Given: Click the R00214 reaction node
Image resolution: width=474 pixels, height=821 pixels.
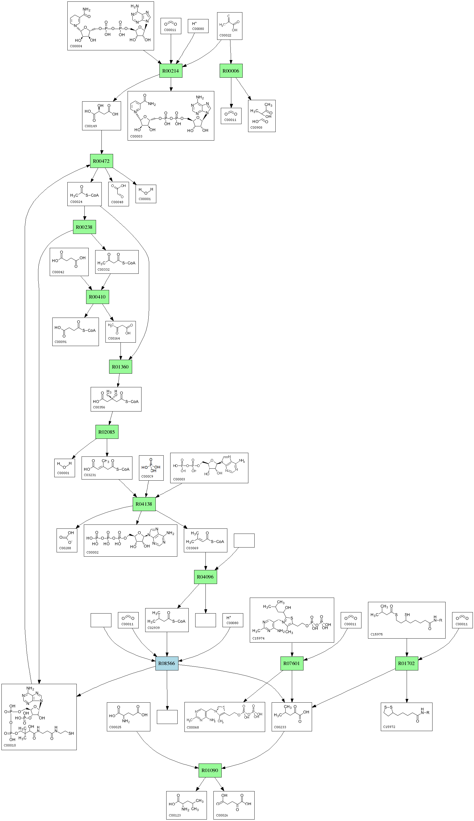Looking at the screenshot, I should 171,71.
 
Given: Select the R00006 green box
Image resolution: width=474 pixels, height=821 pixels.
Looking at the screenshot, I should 231,71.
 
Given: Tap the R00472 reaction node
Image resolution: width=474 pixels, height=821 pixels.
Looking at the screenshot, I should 101,161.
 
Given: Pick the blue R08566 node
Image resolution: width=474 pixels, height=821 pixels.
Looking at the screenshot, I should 167,663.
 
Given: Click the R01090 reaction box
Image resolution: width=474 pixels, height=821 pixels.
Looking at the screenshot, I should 209,770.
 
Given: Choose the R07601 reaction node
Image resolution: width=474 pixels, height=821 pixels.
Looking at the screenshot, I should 292,663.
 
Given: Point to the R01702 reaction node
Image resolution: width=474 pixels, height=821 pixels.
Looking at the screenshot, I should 406,663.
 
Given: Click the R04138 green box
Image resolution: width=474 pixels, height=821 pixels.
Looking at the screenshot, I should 144,504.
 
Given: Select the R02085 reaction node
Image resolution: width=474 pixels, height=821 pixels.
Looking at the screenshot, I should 107,432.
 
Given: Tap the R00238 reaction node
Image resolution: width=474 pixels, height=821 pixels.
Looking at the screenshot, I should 84,227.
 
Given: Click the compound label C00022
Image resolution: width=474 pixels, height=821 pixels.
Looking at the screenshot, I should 225,35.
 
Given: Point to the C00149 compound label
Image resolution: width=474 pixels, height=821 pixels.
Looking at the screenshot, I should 91,126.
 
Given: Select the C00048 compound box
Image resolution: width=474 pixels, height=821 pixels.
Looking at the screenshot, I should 118,194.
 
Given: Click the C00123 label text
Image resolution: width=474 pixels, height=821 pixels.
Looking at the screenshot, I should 175,815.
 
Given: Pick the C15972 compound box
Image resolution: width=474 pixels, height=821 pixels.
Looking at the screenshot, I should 406,717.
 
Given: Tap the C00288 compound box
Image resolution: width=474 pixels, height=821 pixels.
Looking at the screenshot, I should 67,540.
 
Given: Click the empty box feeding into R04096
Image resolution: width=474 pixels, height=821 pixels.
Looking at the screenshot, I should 244,540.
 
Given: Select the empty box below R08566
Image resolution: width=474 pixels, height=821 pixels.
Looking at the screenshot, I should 167,717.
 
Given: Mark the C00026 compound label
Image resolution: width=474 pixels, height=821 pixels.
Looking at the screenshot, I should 222,815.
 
